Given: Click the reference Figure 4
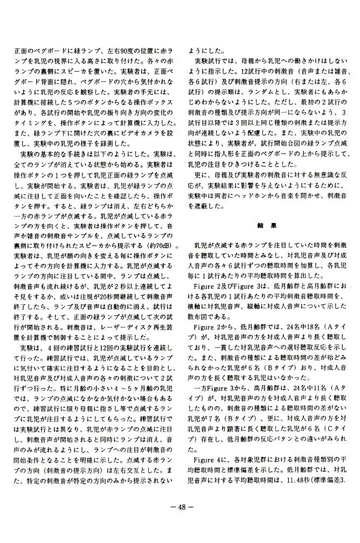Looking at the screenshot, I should point(206,459).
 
